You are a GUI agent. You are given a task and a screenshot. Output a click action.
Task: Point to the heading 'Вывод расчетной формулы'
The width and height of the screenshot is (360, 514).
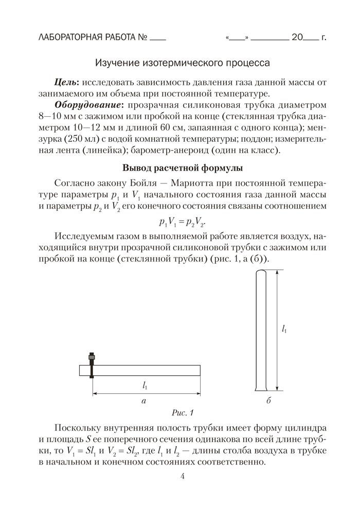pyautogui.click(x=183, y=168)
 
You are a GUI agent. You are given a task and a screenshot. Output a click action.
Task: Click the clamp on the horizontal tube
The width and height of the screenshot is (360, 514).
pyautogui.click(x=92, y=365)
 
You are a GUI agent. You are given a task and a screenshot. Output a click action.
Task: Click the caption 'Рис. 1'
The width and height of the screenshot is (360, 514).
pyautogui.click(x=183, y=412)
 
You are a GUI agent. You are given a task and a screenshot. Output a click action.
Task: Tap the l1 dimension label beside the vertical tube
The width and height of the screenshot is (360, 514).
pyautogui.click(x=284, y=329)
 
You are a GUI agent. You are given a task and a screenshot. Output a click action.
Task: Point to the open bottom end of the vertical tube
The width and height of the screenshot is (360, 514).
pyautogui.click(x=262, y=388)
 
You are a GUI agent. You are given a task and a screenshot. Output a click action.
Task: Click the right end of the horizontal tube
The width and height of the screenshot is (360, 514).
pyautogui.click(x=199, y=371)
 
